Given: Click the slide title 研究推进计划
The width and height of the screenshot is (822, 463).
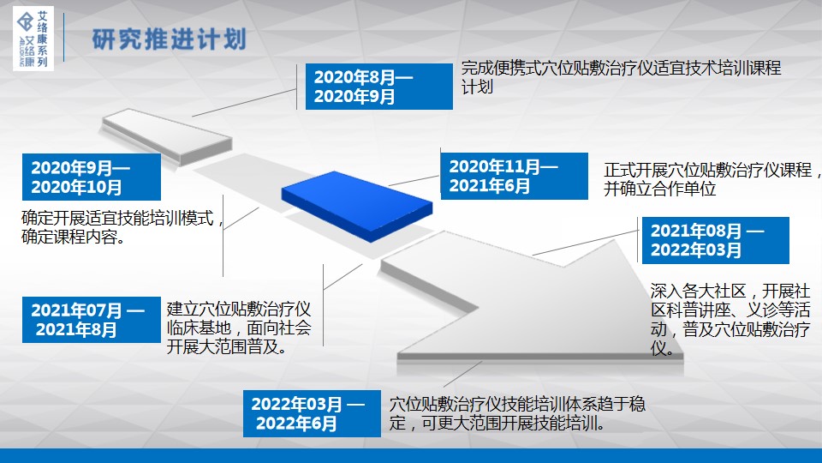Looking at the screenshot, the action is [x=169, y=39].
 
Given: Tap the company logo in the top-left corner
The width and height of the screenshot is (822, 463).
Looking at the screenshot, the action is [x=33, y=39].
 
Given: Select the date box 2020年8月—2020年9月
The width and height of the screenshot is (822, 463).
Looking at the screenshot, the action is [x=379, y=87].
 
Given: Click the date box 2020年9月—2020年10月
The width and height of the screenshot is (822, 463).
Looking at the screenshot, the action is [x=92, y=177].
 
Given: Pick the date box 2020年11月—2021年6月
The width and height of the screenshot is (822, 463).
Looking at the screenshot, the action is [x=515, y=176].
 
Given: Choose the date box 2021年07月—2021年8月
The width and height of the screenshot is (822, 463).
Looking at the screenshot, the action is [x=92, y=320].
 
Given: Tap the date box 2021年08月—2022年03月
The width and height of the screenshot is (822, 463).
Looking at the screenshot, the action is [x=716, y=240].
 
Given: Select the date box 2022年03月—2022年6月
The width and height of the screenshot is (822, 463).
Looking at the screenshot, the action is [x=312, y=413].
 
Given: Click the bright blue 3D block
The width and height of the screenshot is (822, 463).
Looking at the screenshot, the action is [x=357, y=206].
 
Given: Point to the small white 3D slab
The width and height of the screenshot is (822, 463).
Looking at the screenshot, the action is [x=167, y=136].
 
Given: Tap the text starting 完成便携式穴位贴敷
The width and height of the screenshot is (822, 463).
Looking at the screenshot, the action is [x=622, y=77].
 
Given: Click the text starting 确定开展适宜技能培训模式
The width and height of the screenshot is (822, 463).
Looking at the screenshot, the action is [x=122, y=227].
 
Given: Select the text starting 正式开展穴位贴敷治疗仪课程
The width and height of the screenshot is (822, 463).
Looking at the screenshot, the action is [x=712, y=179].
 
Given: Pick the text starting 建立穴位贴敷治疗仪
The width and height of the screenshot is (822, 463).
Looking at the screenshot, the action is [x=239, y=328].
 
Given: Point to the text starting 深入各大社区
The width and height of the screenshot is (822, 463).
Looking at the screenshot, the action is [x=730, y=319].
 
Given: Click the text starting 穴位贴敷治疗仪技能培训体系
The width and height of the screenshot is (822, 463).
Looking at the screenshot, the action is [x=517, y=413].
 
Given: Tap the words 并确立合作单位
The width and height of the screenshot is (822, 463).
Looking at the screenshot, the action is [x=659, y=189].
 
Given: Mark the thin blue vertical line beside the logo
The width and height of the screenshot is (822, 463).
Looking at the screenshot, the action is [x=64, y=38].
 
